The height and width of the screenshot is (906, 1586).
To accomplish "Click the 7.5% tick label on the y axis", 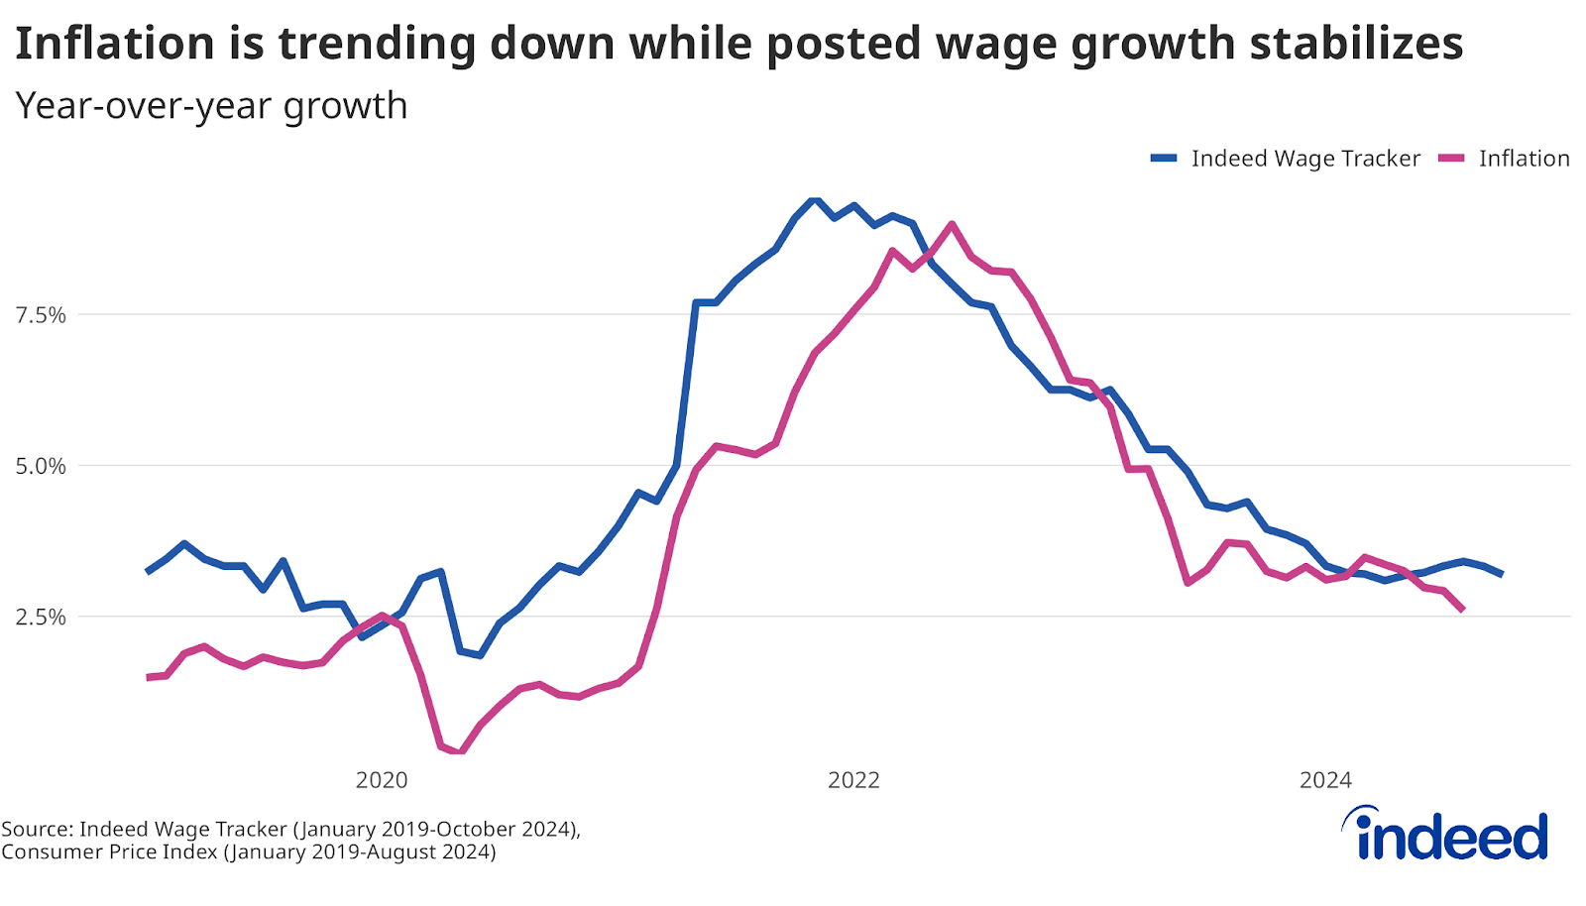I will (x=41, y=315).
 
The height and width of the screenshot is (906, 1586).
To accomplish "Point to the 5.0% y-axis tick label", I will (x=41, y=466).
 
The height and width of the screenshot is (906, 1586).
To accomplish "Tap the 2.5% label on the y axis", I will (x=41, y=617).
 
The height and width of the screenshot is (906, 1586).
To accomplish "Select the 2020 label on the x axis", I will (x=382, y=780).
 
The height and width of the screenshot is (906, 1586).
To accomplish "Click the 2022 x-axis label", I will (x=853, y=780).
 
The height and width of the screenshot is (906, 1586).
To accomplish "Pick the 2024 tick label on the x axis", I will (x=1325, y=780).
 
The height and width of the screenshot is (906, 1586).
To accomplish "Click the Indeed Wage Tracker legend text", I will (x=1305, y=159).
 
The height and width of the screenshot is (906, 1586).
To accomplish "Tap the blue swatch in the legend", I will (x=1164, y=159).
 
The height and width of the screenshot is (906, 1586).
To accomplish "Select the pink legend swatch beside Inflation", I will (x=1451, y=159).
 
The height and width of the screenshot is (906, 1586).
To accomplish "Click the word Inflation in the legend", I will (x=1524, y=159).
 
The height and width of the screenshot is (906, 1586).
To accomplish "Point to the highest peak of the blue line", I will (x=815, y=200).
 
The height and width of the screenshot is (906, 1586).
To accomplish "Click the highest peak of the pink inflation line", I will (x=952, y=224).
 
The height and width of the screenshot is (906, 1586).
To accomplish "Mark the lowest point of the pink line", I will (x=460, y=751).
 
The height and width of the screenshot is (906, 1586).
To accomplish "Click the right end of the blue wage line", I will (x=1502, y=574).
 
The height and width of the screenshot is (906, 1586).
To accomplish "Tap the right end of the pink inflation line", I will (x=1463, y=610).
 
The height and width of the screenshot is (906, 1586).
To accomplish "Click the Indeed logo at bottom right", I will (x=1446, y=834).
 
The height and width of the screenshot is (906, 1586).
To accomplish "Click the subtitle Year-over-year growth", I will (x=211, y=105).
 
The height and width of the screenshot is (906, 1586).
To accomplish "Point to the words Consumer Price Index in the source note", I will (x=109, y=851).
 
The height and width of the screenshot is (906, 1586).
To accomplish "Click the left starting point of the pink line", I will (x=148, y=677).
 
